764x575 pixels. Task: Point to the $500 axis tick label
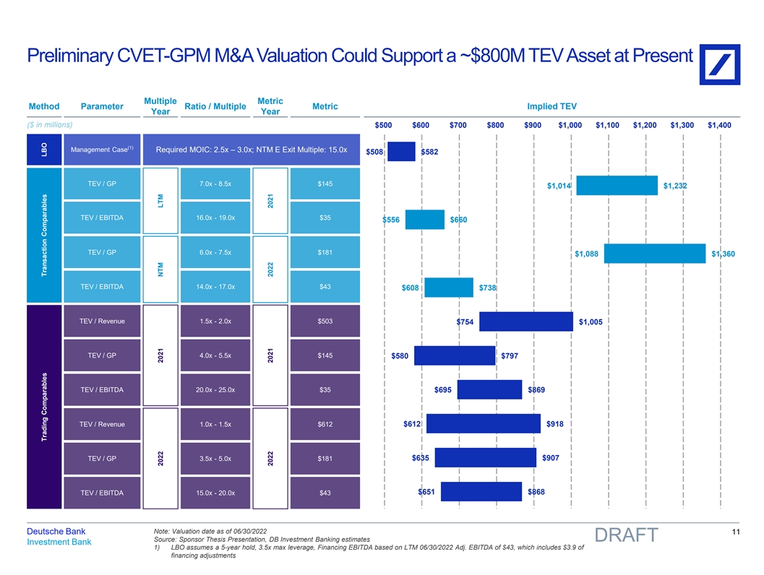tap(384, 125)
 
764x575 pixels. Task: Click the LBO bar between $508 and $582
tap(401, 152)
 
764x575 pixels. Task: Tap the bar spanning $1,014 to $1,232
tap(617, 186)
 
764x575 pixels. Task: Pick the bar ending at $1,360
tap(654, 254)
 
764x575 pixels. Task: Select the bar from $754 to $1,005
tap(526, 321)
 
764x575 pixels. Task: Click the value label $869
tap(537, 390)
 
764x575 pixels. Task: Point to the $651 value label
tap(427, 492)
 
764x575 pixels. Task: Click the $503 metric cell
tap(325, 321)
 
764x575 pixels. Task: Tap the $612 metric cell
tap(325, 424)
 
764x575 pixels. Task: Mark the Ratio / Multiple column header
tap(216, 107)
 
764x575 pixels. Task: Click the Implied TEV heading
tap(553, 107)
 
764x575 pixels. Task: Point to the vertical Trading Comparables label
tap(45, 409)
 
